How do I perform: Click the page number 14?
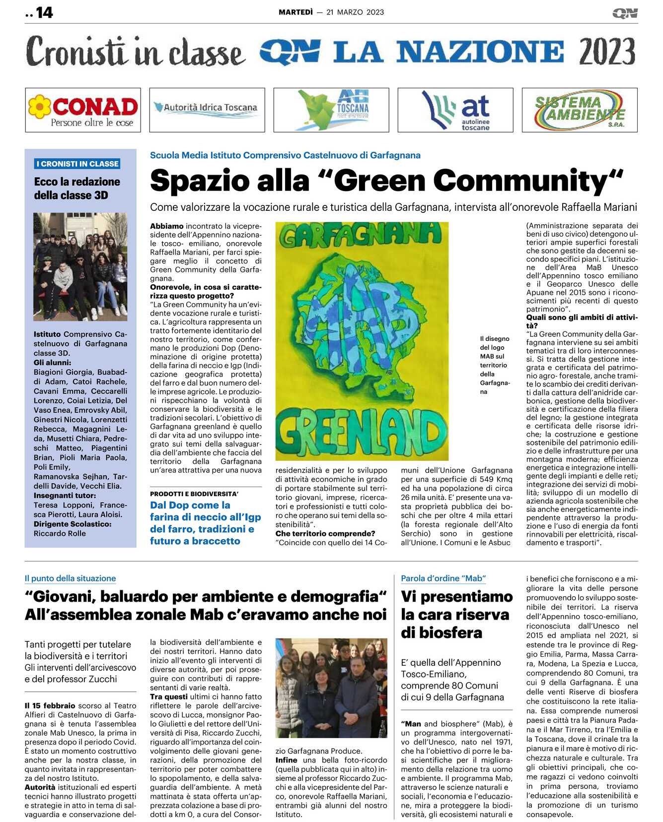[44, 12]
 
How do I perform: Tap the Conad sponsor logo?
[83, 110]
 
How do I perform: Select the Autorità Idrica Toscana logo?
[207, 110]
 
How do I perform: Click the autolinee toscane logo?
[455, 110]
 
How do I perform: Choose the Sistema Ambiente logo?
[580, 110]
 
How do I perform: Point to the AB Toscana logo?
[331, 110]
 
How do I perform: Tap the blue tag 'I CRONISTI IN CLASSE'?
[77, 164]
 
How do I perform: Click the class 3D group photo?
[80, 266]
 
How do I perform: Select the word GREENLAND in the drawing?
[361, 430]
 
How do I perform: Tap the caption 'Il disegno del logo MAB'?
[494, 365]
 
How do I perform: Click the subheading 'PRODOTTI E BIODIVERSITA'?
[194, 494]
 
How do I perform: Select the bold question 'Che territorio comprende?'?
[325, 533]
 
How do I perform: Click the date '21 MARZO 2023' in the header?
[355, 12]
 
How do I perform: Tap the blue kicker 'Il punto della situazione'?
[70, 578]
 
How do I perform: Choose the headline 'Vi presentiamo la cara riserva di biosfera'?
[456, 614]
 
